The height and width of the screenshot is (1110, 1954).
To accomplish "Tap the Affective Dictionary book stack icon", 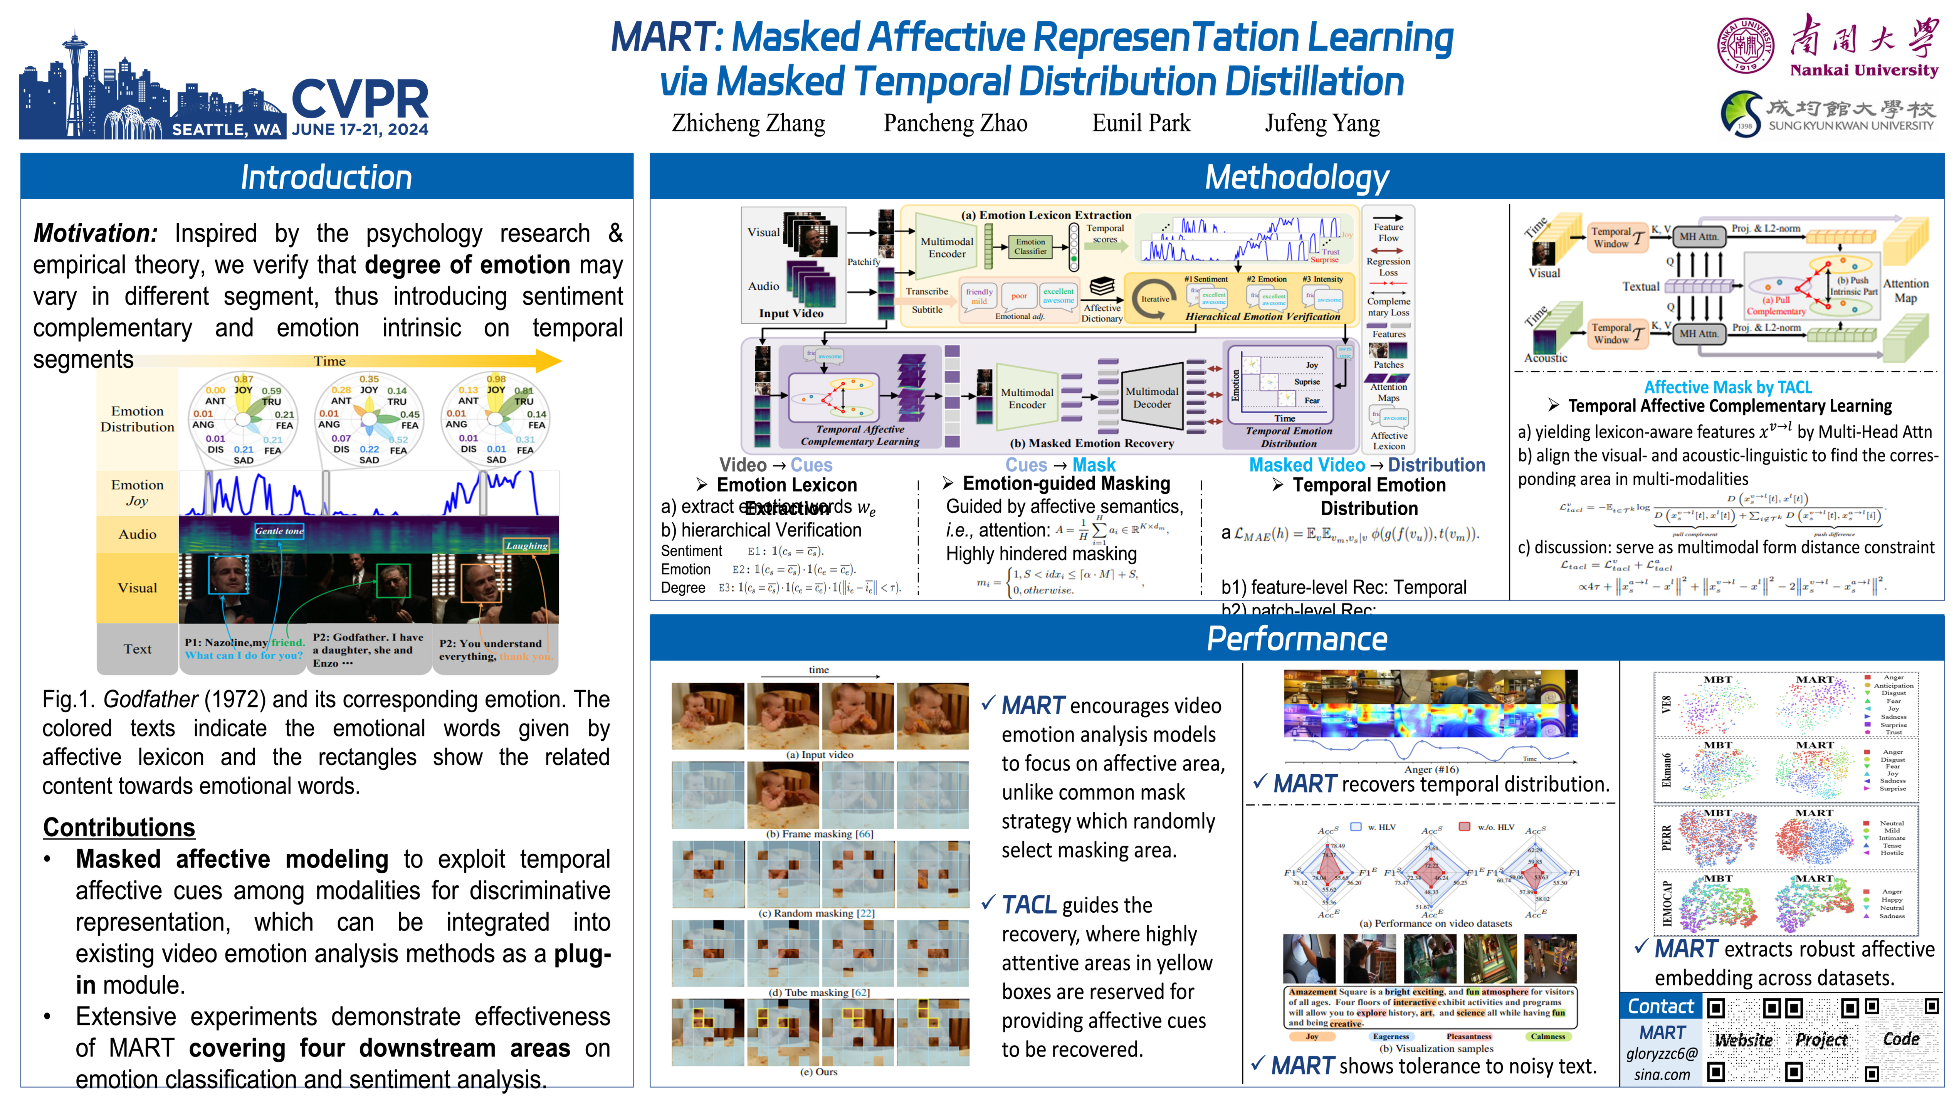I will tap(1102, 287).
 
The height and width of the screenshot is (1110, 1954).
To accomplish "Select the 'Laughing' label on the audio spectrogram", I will tap(527, 546).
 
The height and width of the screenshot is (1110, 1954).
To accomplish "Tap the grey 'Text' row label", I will tap(137, 649).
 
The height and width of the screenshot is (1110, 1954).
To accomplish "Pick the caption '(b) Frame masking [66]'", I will tap(819, 834).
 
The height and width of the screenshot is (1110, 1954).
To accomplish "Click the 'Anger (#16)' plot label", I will tap(1431, 769).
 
